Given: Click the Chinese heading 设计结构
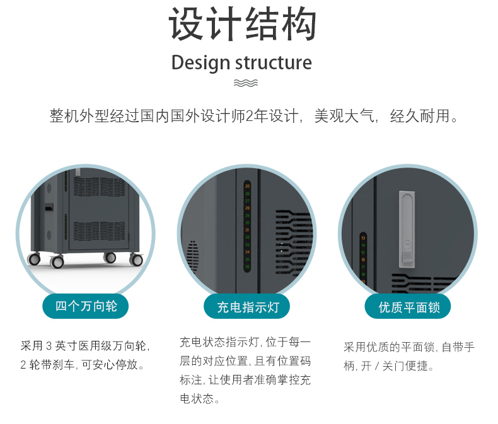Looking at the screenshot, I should click(x=242, y=25).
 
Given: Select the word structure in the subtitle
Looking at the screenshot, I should click(x=273, y=63).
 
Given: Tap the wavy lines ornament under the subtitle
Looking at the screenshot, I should click(x=245, y=83).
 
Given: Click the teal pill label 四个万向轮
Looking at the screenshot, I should click(x=86, y=306).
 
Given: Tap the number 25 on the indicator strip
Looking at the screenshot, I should click(x=247, y=186).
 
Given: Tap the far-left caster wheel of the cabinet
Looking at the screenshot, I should click(x=34, y=258).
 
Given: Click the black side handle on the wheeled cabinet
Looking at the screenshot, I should click(x=49, y=207).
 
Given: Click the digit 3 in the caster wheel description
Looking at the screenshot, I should click(x=48, y=346).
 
